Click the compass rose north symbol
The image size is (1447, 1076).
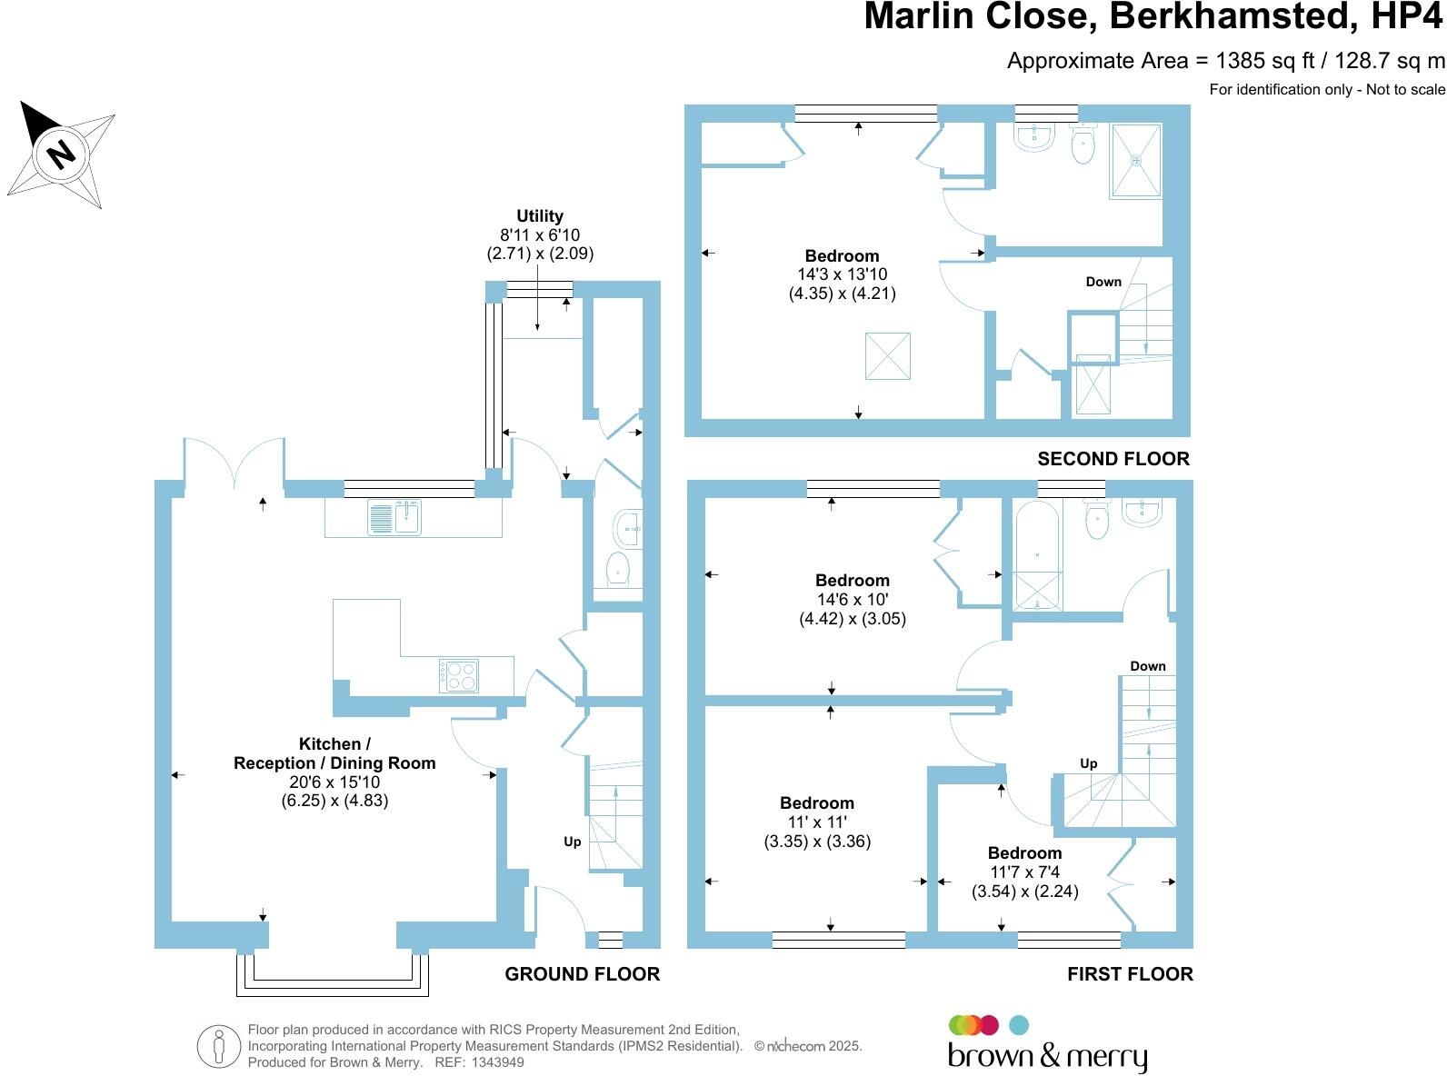click(x=61, y=152)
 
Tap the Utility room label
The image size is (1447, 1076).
click(x=540, y=216)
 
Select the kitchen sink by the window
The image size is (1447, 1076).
click(x=394, y=517)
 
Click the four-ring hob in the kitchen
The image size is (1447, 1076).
click(x=459, y=675)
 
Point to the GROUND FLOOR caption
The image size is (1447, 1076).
click(x=582, y=974)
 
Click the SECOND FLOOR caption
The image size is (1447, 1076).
click(x=1113, y=459)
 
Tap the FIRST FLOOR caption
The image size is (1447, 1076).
click(x=1129, y=974)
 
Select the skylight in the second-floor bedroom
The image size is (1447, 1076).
click(x=887, y=356)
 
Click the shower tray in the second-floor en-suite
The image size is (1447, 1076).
click(x=1135, y=161)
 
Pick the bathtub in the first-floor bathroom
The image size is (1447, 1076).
click(x=1037, y=553)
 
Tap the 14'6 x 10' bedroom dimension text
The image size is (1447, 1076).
click(x=853, y=600)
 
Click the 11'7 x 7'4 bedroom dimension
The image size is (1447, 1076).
click(x=1025, y=872)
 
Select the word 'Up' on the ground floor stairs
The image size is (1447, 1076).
click(x=572, y=842)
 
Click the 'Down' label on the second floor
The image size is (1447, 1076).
click(x=1103, y=282)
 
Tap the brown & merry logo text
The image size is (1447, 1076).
click(x=1047, y=1056)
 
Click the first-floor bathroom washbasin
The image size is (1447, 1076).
click(x=1142, y=513)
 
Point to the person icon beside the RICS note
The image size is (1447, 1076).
click(x=218, y=1046)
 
